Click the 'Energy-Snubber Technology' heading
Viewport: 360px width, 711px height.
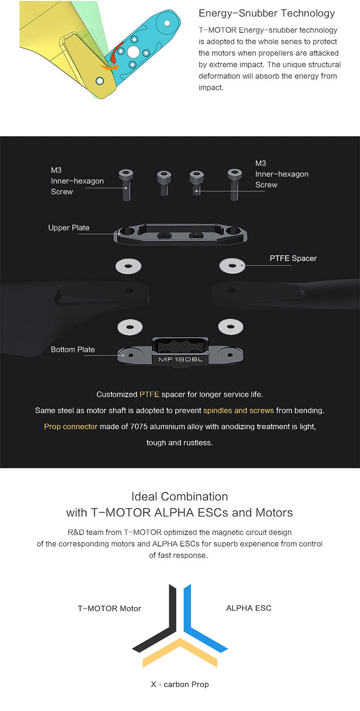267,13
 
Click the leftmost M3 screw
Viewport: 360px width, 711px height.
126,185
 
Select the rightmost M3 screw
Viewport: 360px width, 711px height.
234,185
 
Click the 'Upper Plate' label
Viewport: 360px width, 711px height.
69,228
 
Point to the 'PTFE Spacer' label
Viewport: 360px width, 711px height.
293,259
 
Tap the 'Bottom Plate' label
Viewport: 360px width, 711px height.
72,349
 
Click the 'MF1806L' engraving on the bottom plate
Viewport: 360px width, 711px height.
180,359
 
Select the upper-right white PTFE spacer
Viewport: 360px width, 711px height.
232,265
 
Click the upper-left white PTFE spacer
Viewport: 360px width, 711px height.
128,266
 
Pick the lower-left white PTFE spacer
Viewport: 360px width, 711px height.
130,327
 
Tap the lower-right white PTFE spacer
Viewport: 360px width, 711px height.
231,327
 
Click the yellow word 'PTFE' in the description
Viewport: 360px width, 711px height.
150,395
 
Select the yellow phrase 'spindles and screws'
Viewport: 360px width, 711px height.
239,410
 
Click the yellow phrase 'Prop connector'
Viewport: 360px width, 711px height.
71,427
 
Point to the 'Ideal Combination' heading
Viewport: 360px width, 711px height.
180,496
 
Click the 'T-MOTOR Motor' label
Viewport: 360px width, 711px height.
109,609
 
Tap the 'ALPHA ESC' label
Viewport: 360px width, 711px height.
249,608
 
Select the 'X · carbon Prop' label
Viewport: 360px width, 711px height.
180,684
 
